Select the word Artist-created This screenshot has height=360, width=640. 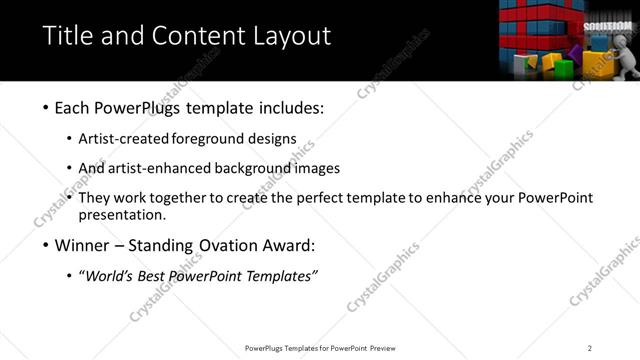point(124,139)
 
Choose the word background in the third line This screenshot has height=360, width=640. point(259,168)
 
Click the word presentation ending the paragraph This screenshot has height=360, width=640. point(122,214)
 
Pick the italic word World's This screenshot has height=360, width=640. point(108,275)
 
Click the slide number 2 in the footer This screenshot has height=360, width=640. point(589,347)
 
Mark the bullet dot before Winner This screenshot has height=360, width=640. point(47,245)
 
